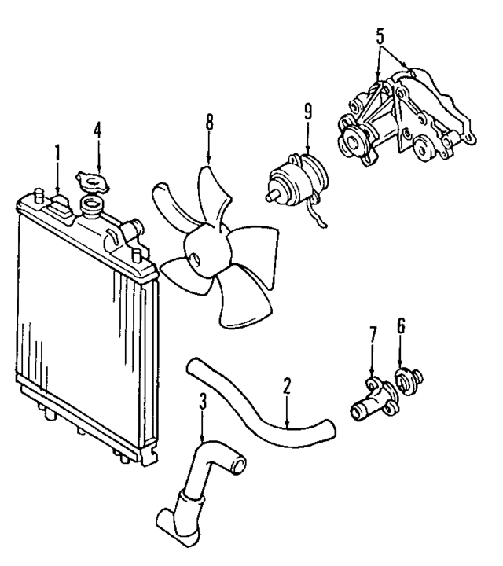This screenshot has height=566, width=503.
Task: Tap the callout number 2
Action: (x=287, y=385)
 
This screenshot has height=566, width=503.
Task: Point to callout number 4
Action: (x=98, y=129)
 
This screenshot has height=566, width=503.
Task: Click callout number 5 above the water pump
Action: (x=380, y=35)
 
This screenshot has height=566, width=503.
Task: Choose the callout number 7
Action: (x=373, y=334)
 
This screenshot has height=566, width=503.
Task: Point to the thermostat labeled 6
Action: (x=409, y=381)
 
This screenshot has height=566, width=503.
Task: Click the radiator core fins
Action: (x=71, y=314)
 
